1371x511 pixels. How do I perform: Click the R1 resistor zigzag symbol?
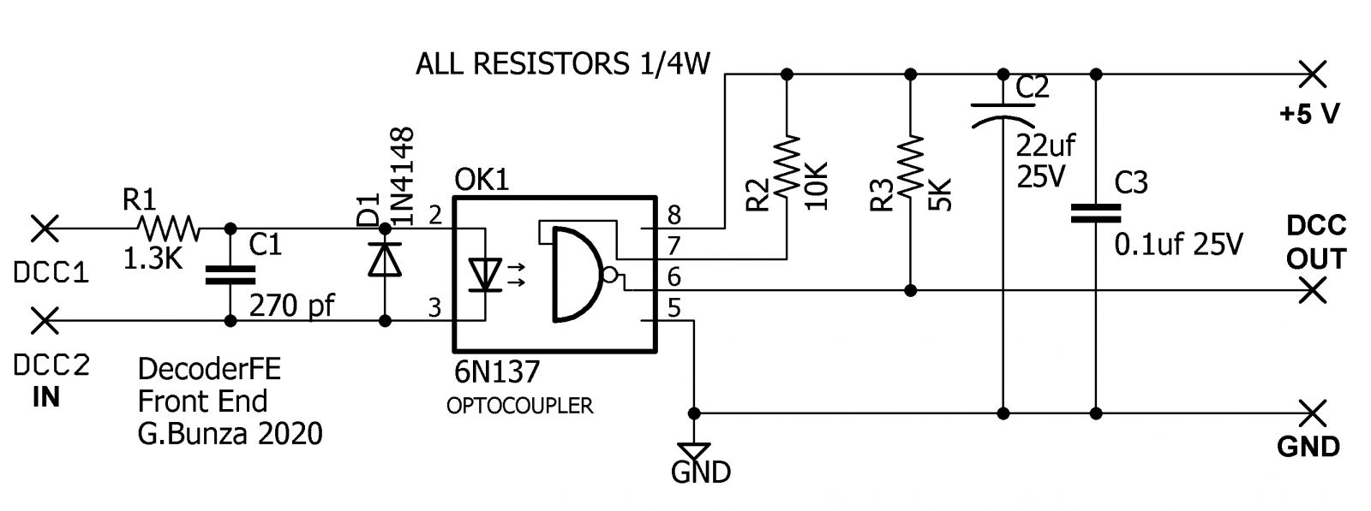168,229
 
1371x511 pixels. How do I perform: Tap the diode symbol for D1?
385,259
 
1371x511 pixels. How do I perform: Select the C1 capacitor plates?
230,274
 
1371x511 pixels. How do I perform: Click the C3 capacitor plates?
1095,214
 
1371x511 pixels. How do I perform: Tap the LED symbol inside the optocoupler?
486,275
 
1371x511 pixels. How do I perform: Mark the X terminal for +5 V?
1312,74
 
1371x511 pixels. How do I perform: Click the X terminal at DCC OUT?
1312,291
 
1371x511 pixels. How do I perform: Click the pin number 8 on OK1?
674,215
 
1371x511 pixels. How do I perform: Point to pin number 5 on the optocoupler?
674,307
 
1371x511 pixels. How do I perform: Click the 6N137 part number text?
497,371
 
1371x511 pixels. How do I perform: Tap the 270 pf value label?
292,305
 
